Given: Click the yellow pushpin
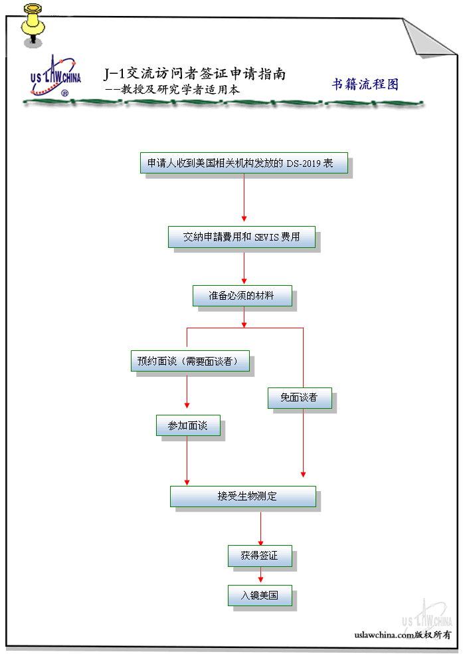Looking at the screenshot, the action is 33,25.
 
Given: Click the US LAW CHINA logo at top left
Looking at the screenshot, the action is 55,76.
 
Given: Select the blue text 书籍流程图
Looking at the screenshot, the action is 365,84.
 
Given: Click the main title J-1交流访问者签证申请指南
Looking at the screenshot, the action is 195,73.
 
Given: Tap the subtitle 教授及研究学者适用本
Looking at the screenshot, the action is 180,89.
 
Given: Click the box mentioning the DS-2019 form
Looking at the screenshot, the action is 244,163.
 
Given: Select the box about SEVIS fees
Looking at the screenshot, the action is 242,237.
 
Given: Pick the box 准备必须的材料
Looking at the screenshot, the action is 242,296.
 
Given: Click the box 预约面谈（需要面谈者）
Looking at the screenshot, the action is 191,361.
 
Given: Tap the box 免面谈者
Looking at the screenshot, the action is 300,398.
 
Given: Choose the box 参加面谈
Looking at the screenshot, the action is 188,425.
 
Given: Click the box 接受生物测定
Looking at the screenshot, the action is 243,496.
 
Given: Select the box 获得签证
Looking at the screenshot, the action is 260,556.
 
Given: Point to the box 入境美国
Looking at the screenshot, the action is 260,596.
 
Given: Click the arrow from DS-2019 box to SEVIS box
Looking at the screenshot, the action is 244,197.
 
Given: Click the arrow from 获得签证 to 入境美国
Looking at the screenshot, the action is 260,574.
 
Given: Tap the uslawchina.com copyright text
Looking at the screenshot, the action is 403,635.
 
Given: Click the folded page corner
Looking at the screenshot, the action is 428,37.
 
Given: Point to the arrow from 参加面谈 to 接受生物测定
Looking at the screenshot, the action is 187,461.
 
